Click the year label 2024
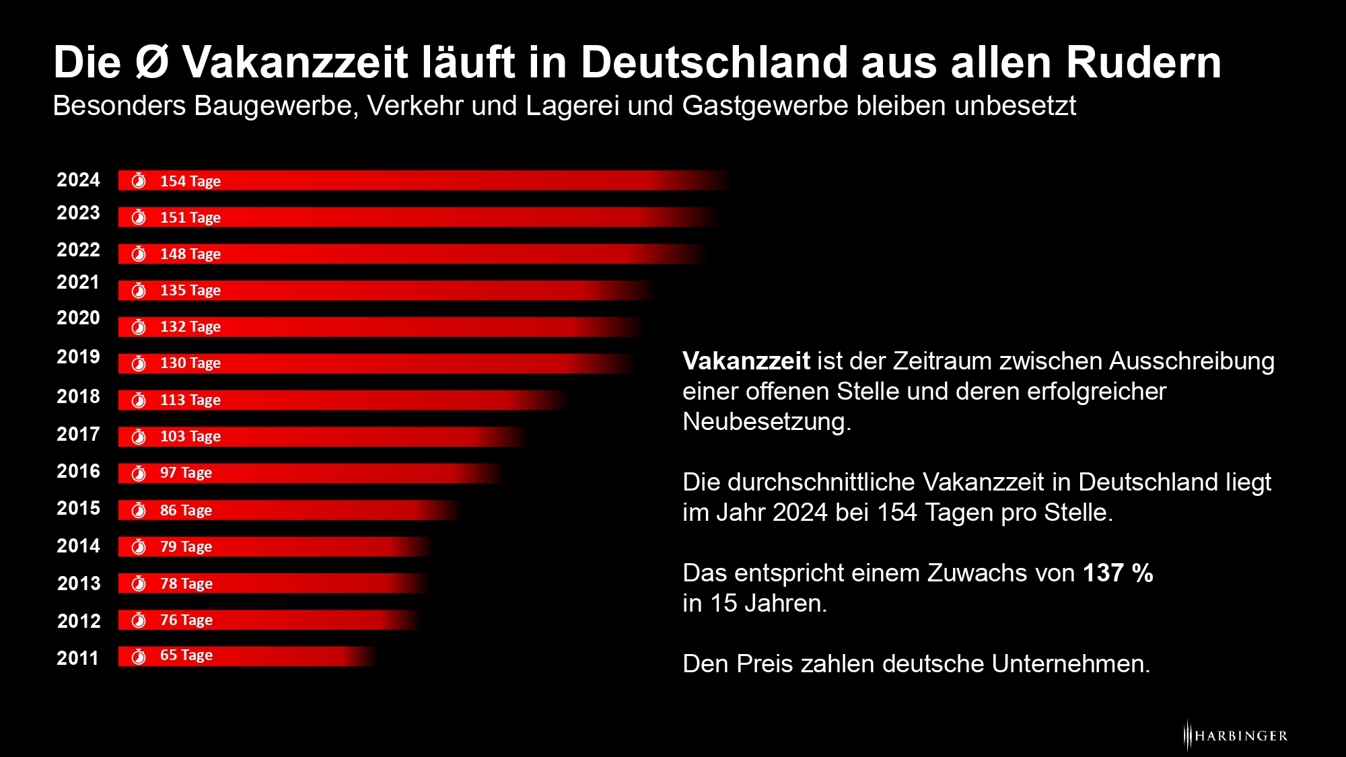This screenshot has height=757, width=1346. point(78,180)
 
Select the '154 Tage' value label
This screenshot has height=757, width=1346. point(190,181)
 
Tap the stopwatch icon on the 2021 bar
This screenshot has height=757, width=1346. point(139,290)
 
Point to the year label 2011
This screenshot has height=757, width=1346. point(77,657)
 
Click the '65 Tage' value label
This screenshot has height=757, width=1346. point(186,655)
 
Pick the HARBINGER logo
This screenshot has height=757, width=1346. point(1236,735)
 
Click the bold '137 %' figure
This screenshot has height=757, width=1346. point(1117,573)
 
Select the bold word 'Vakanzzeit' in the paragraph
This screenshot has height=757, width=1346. point(746,361)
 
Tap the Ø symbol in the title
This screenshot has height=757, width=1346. point(151,63)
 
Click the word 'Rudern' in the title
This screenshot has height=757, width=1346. point(1143,63)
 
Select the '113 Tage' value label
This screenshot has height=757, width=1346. point(190,400)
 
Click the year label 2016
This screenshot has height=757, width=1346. point(78,471)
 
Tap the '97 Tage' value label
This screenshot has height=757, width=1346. point(186,473)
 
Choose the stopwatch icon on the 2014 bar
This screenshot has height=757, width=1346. point(139,546)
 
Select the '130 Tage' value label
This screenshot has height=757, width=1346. point(190,363)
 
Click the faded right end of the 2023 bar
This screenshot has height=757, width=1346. point(700,217)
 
